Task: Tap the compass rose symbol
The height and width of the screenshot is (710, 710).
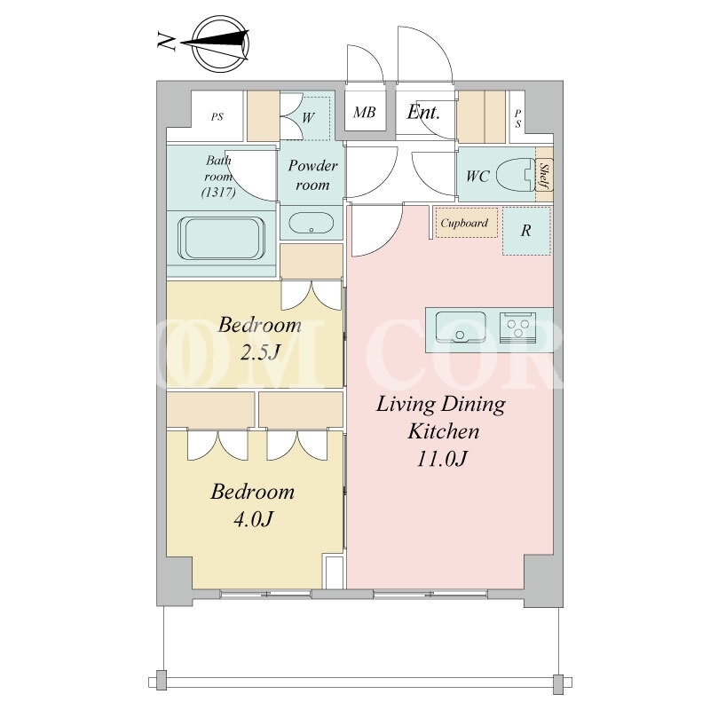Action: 219,43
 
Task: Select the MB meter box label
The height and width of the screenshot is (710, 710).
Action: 365,113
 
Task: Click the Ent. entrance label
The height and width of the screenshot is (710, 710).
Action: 423,112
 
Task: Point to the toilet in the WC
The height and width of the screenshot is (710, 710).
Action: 516,174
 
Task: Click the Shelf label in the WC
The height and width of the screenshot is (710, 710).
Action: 545,176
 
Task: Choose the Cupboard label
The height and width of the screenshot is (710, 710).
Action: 464,223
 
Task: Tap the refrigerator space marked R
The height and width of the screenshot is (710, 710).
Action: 525,231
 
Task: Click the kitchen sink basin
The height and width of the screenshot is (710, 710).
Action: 461,327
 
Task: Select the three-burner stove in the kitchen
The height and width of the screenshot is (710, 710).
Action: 518,327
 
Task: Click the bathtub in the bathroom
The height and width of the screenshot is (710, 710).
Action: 221,238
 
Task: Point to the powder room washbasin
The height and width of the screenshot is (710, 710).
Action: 312,223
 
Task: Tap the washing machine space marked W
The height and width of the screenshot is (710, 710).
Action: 308,118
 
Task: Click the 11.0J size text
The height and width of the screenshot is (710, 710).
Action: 441,459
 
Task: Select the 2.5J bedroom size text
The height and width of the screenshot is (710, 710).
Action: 260,352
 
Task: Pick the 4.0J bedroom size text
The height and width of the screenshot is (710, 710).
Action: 254,519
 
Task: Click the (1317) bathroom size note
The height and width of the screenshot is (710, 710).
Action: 218,192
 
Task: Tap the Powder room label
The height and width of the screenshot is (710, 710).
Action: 312,175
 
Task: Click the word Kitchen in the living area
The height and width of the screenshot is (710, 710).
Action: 443,431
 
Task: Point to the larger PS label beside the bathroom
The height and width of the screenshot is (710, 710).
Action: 217,117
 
